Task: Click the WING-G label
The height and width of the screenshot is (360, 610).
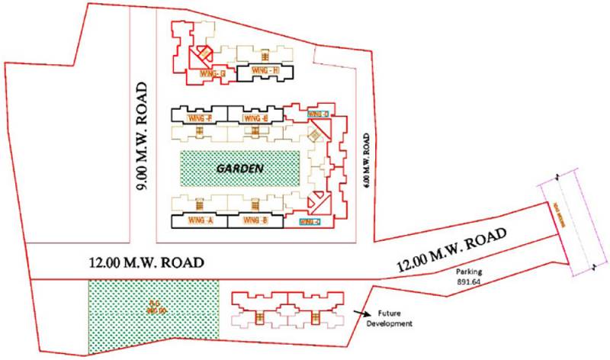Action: click(213, 73)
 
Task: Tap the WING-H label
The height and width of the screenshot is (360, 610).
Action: click(258, 72)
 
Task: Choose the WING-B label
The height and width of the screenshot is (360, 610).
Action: click(254, 221)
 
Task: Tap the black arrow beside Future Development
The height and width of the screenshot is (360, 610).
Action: click(362, 313)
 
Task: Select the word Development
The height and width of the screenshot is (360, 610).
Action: click(392, 323)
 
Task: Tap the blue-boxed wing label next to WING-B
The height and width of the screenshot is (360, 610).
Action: click(308, 221)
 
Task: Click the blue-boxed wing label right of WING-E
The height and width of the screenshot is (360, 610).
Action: click(318, 114)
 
